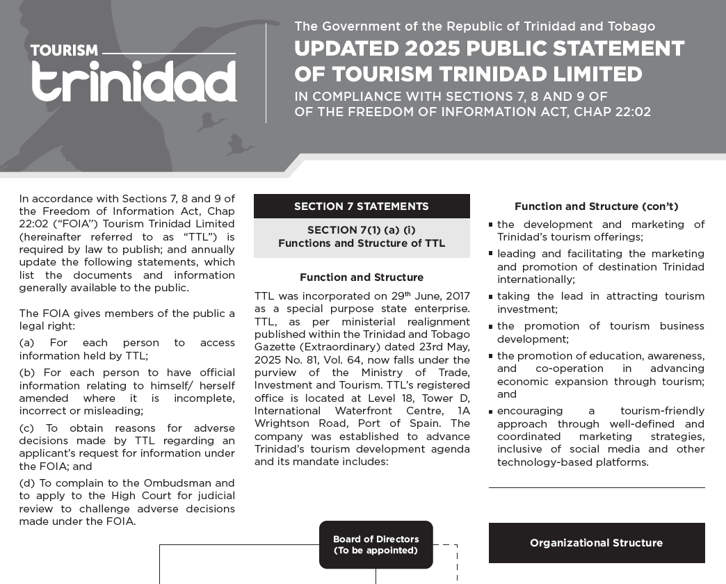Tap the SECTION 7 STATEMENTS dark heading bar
pyautogui.click(x=362, y=206)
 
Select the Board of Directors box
pyautogui.click(x=376, y=544)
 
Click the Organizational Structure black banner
pyautogui.click(x=597, y=543)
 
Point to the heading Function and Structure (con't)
pyautogui.click(x=597, y=206)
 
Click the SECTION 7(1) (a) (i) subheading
pyautogui.click(x=362, y=230)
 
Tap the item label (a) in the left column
pyautogui.click(x=27, y=343)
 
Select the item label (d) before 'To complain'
pyautogui.click(x=27, y=483)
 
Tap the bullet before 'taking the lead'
pyautogui.click(x=491, y=296)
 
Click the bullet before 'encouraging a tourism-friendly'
pyautogui.click(x=491, y=411)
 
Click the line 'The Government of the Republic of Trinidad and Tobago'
pyautogui.click(x=474, y=26)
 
